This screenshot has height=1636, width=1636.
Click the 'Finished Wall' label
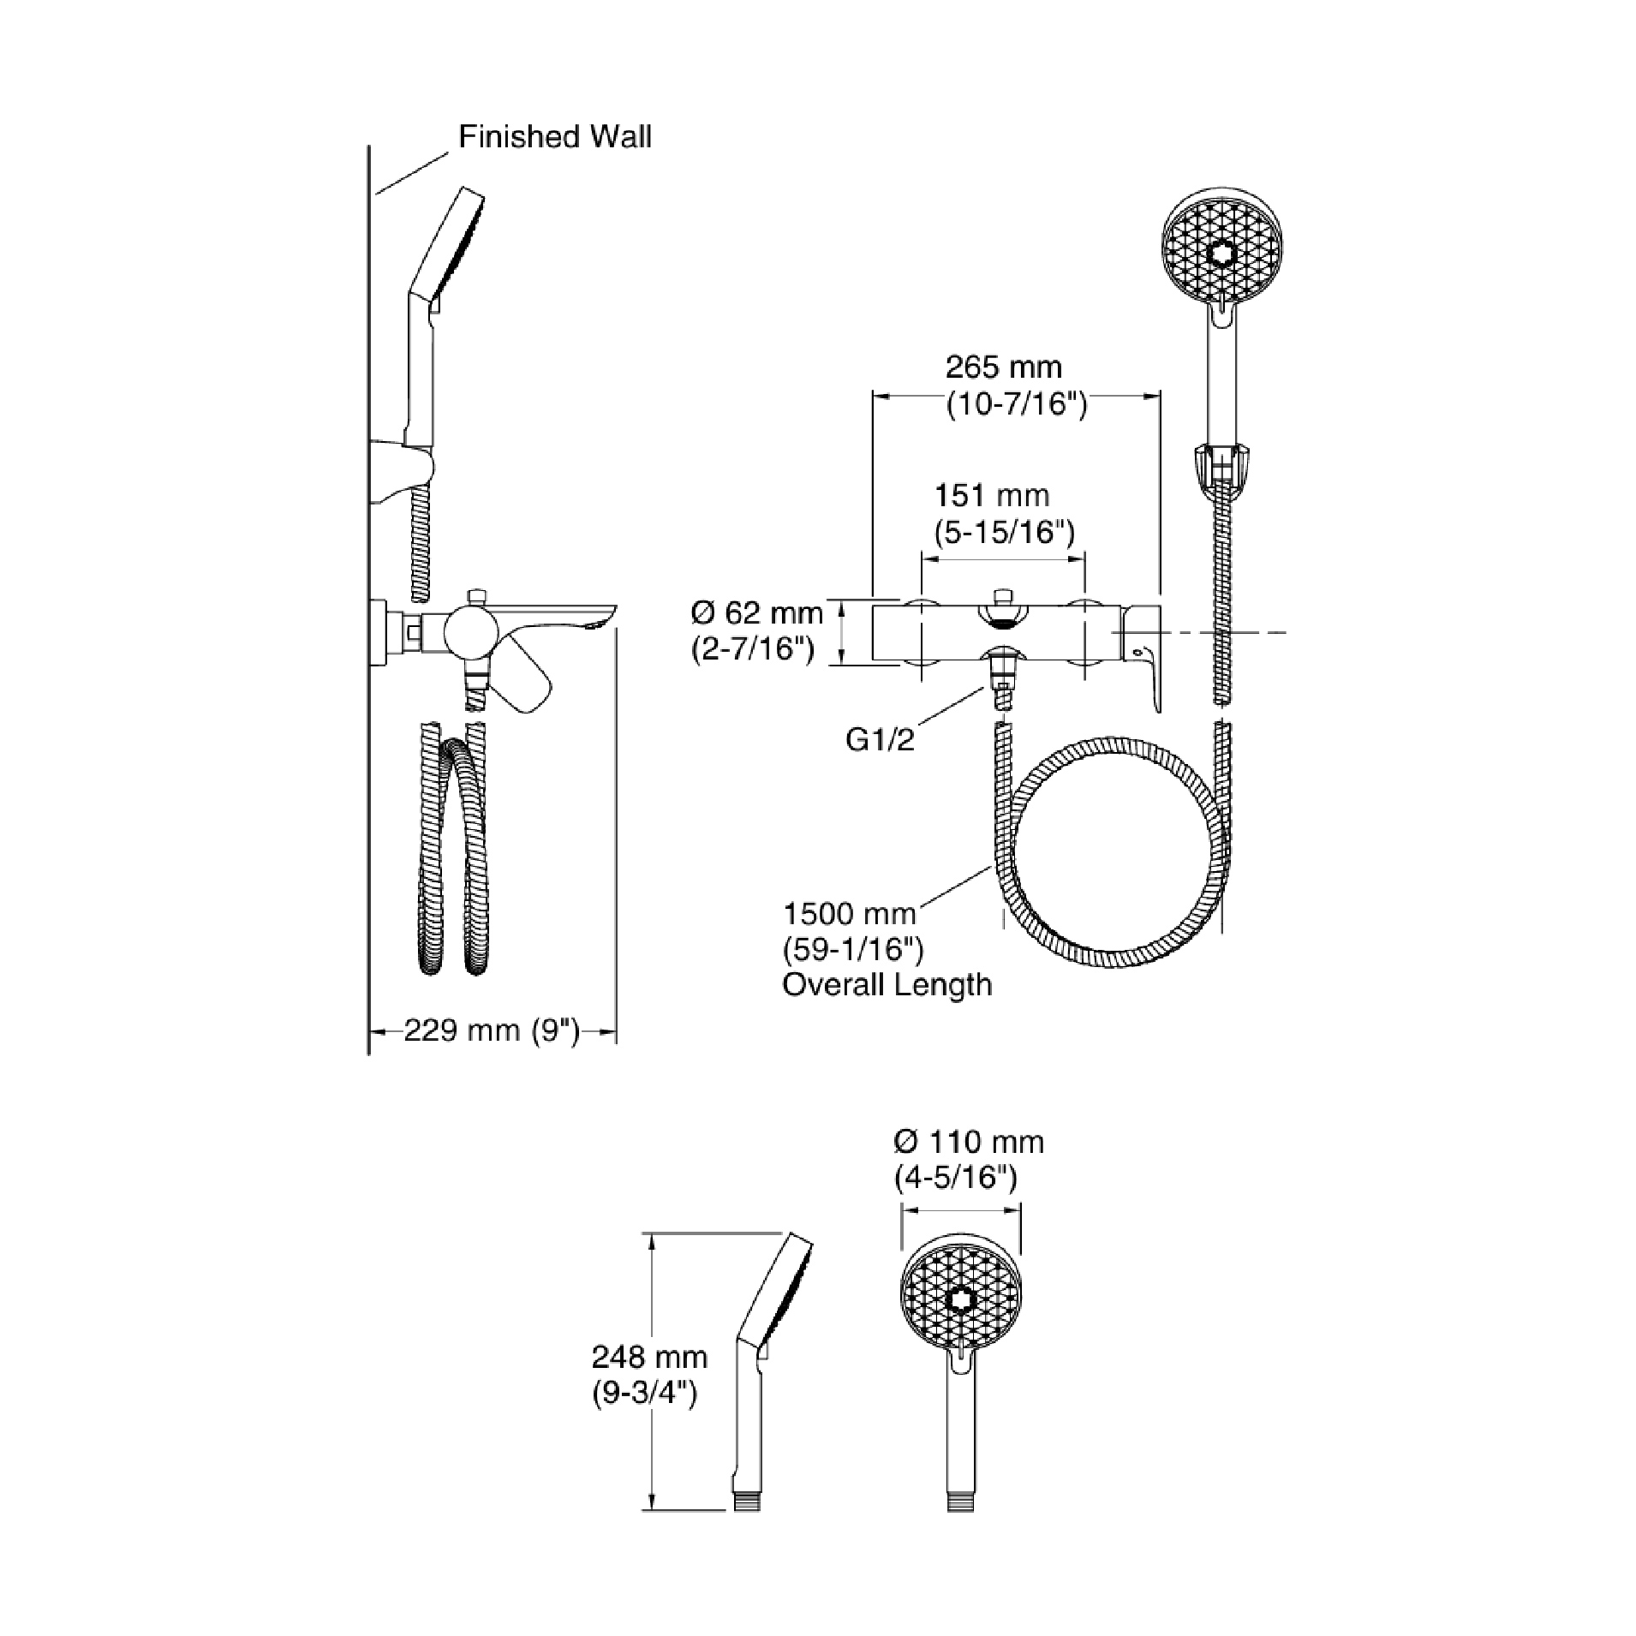554,137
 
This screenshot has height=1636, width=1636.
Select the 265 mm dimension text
1003,367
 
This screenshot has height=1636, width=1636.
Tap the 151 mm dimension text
991,495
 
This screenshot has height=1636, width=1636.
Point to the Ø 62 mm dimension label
756,612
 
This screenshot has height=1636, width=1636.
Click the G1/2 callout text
880,739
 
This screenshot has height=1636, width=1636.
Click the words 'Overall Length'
887,985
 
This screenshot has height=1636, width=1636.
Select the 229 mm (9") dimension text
492,1030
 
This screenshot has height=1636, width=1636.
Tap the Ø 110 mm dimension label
968,1142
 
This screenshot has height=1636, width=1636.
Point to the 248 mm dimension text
649,1357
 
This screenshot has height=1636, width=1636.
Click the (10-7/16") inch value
1016,404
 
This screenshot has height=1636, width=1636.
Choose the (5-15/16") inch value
1003,532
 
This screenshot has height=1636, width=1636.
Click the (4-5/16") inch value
955,1179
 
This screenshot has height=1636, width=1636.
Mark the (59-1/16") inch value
853,950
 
